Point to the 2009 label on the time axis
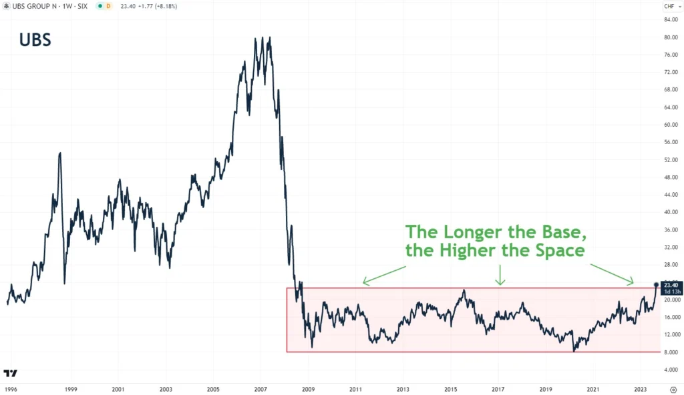tap(308, 388)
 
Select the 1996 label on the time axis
tap(10, 388)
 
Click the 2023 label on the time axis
tap(640, 388)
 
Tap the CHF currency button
tap(669, 6)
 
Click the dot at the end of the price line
tap(655, 284)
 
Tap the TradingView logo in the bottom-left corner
tap(10, 373)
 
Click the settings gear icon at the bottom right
tap(673, 388)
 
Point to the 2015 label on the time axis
tap(451, 388)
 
